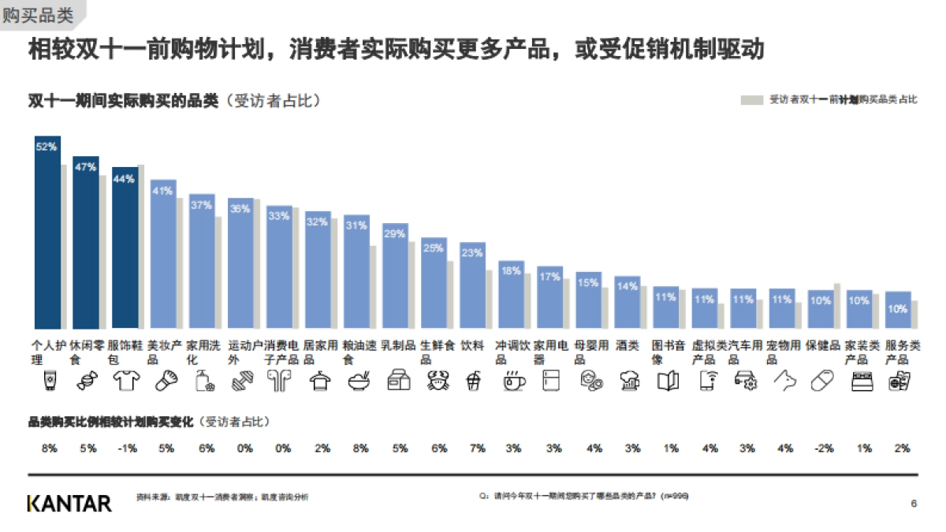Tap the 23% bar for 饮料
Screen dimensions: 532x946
point(472,288)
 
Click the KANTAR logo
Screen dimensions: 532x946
point(69,503)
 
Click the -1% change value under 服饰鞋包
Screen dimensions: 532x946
point(125,448)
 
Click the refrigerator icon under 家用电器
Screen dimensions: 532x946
point(550,381)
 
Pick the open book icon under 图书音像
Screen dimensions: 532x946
point(668,381)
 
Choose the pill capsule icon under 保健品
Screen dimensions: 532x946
point(821,381)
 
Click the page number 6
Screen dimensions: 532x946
point(914,504)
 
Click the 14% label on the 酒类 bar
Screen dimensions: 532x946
point(627,287)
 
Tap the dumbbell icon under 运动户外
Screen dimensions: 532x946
point(241,381)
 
